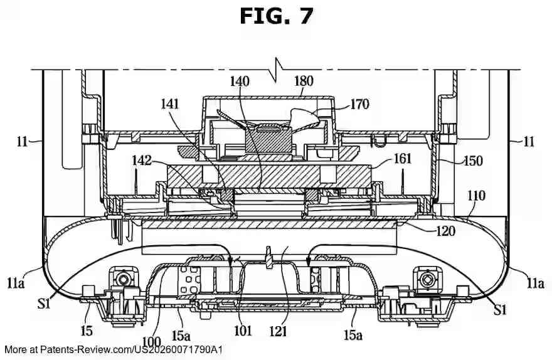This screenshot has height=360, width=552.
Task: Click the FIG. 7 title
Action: click(x=276, y=16)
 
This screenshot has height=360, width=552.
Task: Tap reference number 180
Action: click(x=304, y=82)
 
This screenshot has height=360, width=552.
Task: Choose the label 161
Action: click(x=401, y=159)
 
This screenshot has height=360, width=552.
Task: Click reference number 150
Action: click(x=473, y=161)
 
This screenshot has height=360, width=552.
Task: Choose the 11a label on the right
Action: click(x=535, y=283)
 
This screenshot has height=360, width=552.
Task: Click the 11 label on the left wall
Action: click(x=23, y=142)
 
